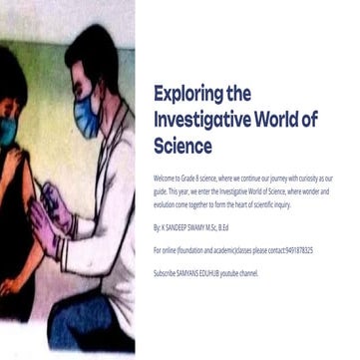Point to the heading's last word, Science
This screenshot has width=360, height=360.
coord(182,146)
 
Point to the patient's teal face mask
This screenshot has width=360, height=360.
coord(7,130)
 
